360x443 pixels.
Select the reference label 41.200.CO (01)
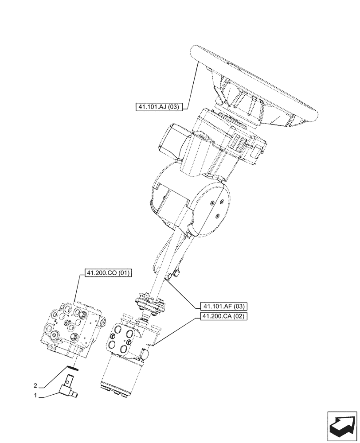point(105,273)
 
